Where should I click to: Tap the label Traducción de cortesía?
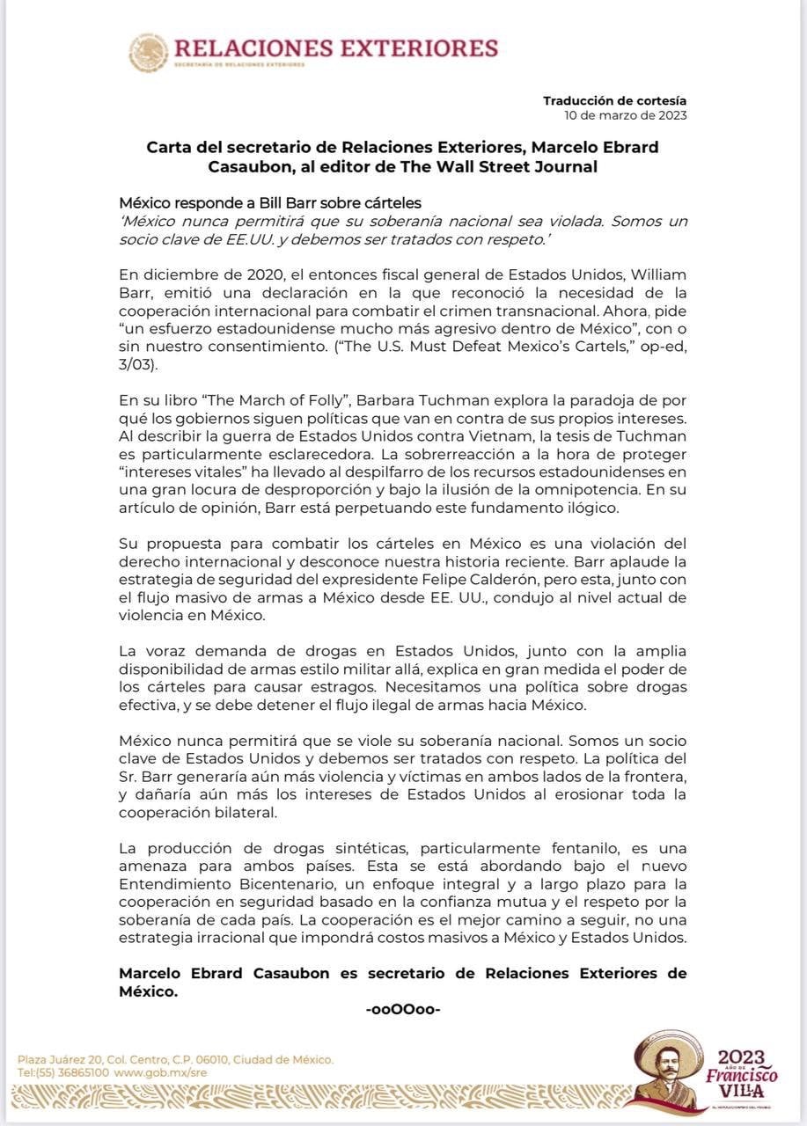pyautogui.click(x=614, y=101)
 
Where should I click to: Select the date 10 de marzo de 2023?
pyautogui.click(x=626, y=115)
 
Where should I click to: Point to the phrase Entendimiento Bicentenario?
pyautogui.click(x=220, y=885)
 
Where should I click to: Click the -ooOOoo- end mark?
pyautogui.click(x=402, y=1009)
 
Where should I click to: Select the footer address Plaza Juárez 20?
pyautogui.click(x=62, y=1060)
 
